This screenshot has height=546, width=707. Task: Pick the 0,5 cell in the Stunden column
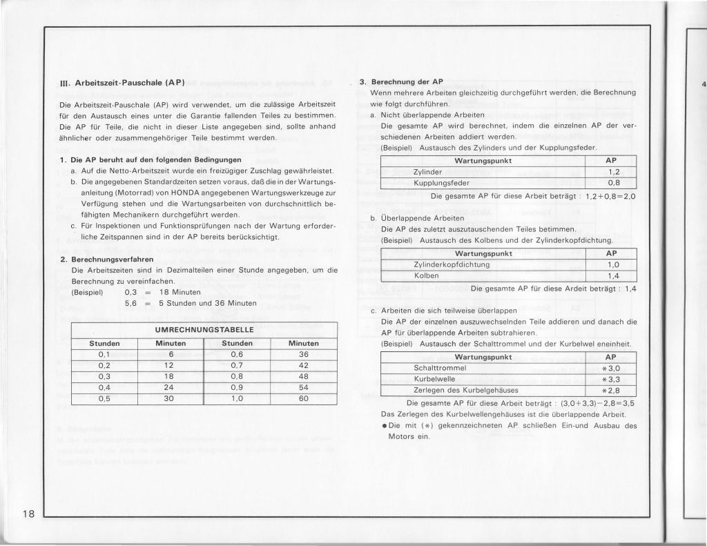click(x=105, y=398)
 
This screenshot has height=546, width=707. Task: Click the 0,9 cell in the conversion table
click(x=238, y=387)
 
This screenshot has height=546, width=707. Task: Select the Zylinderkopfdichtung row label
click(x=452, y=264)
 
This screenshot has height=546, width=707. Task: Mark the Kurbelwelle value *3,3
click(x=610, y=379)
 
